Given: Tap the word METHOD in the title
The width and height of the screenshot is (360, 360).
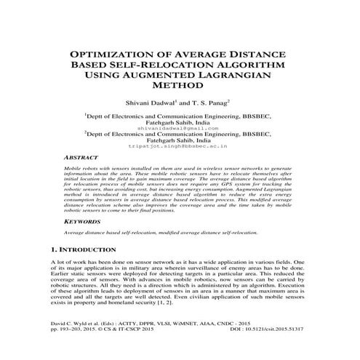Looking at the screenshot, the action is click(180, 84).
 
